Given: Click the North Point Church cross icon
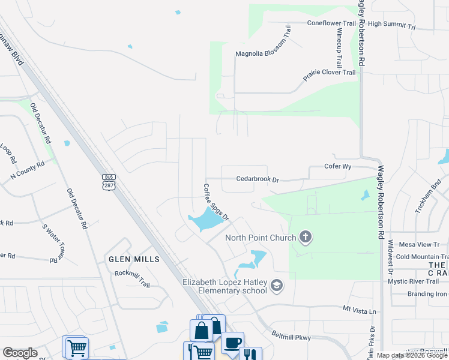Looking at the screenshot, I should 306,238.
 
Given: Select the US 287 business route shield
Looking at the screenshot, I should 109,181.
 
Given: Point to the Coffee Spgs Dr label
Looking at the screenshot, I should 217,202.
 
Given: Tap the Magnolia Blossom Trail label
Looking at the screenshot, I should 263,53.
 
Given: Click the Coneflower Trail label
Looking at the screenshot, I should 331,23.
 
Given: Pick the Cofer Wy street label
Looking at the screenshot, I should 337,166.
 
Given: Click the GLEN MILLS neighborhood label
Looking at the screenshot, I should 134,259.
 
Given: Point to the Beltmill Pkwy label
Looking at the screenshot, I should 291,338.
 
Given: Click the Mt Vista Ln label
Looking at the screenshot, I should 359,311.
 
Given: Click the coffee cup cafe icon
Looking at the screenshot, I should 232,343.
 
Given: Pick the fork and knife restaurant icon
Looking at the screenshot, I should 251,355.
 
